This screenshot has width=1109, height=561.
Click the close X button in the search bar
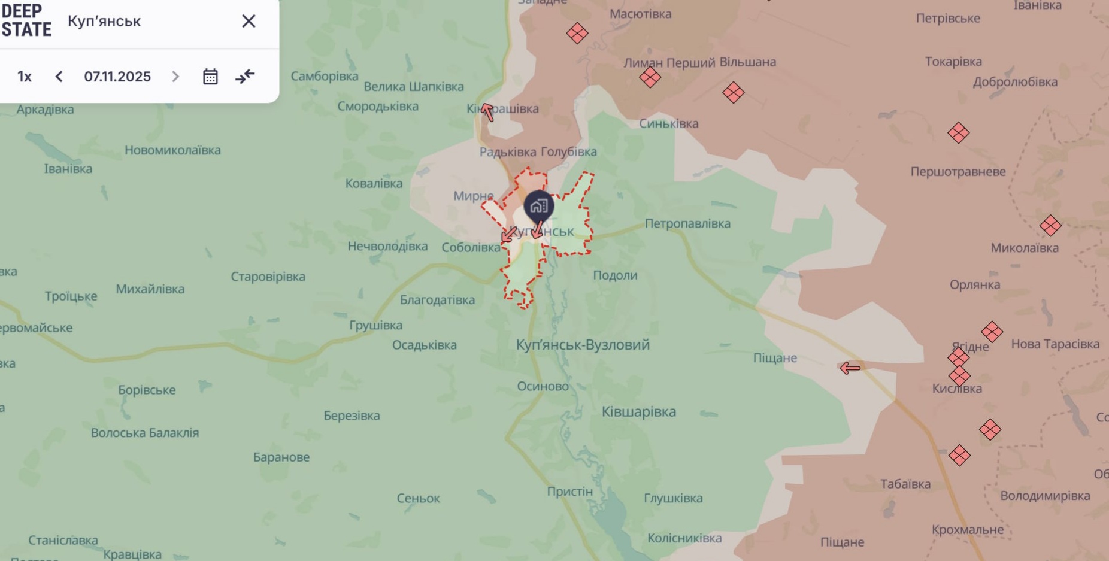(x=249, y=22)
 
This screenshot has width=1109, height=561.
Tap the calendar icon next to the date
(x=210, y=77)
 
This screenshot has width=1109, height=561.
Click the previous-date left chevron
(x=59, y=77)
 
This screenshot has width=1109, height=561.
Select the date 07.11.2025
(x=117, y=77)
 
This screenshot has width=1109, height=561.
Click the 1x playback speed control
(x=25, y=77)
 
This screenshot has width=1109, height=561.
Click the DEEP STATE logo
(x=26, y=20)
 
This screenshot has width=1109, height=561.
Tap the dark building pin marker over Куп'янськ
(x=539, y=207)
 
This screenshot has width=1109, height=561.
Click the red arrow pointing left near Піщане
(x=850, y=368)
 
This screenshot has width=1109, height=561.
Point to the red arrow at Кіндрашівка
(x=487, y=111)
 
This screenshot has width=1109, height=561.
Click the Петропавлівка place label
(x=687, y=223)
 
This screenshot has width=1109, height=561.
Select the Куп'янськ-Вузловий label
(x=583, y=345)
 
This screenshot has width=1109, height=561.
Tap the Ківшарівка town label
(x=639, y=412)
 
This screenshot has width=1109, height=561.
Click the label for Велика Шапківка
(x=414, y=87)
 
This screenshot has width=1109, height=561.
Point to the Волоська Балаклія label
(x=145, y=433)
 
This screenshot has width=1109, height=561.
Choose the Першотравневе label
(x=958, y=172)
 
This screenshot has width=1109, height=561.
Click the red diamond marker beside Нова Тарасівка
(x=992, y=331)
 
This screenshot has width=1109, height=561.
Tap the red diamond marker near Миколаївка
(x=1050, y=226)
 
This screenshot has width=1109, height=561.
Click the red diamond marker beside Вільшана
(x=733, y=92)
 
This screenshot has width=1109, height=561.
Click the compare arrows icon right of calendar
(x=245, y=77)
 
